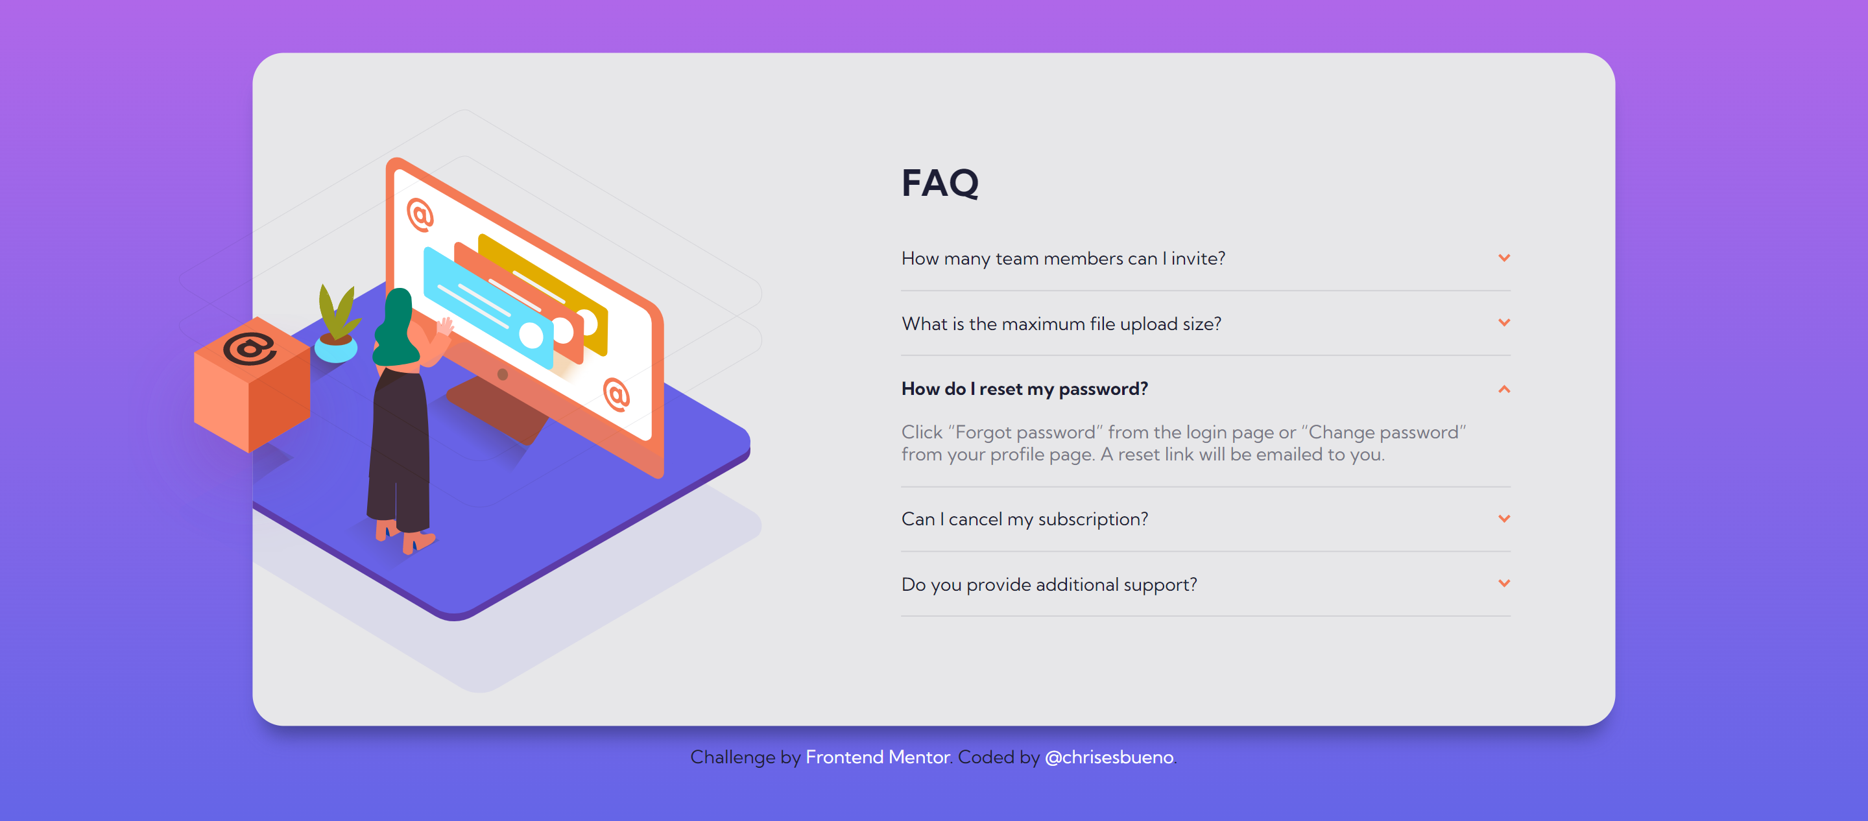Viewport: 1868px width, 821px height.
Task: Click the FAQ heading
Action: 940,183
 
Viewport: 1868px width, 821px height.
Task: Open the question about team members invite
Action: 1063,258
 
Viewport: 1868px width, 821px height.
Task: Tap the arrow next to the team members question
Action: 1504,257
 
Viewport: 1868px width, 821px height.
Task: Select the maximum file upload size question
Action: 1061,324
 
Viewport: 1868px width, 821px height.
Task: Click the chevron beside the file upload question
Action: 1504,322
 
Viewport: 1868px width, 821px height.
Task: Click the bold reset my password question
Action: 1025,388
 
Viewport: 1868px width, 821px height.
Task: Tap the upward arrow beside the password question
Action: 1504,390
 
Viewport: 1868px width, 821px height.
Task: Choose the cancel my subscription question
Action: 1025,519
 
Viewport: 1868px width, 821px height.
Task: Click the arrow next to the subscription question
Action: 1504,518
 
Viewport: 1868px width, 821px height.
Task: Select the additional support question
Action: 1049,584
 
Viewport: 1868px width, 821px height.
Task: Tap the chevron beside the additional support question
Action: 1504,583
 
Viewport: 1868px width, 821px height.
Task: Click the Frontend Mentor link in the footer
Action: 878,757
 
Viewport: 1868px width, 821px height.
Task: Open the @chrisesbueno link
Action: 1108,757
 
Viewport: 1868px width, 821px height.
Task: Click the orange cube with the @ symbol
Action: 252,385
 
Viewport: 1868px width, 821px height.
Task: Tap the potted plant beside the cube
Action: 337,324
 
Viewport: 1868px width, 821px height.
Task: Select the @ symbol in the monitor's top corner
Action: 420,215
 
